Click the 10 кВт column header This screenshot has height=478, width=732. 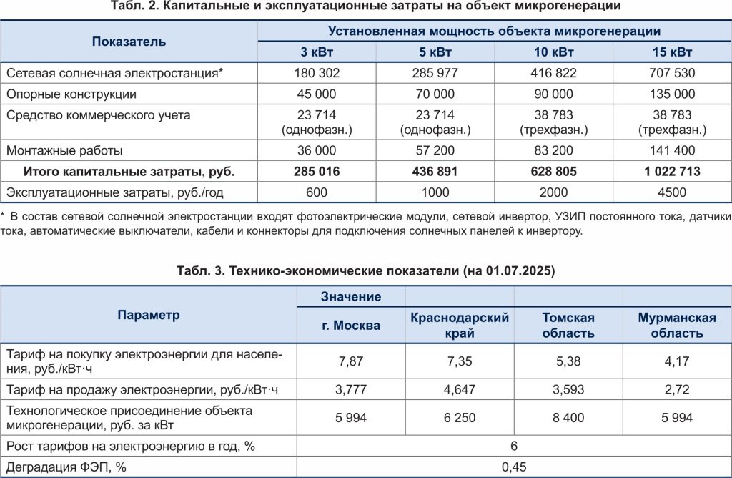click(553, 52)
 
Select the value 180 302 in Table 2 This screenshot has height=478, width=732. click(317, 73)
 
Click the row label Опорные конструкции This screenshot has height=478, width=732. click(71, 94)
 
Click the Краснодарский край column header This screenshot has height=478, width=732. click(460, 325)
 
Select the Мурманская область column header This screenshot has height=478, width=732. click(676, 325)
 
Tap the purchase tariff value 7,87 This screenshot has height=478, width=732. click(351, 361)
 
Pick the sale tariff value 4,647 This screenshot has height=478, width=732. click(460, 390)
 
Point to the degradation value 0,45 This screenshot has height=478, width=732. click(514, 467)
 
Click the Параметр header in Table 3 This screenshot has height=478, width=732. click(149, 315)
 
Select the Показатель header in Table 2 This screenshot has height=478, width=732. click(129, 42)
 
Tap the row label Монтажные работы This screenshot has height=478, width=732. click(64, 151)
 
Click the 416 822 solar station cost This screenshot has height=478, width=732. click(553, 73)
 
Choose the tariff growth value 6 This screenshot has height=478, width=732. click(514, 446)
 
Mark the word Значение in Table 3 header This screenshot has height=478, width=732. click(351, 296)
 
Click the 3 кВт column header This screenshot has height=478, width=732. click(317, 52)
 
